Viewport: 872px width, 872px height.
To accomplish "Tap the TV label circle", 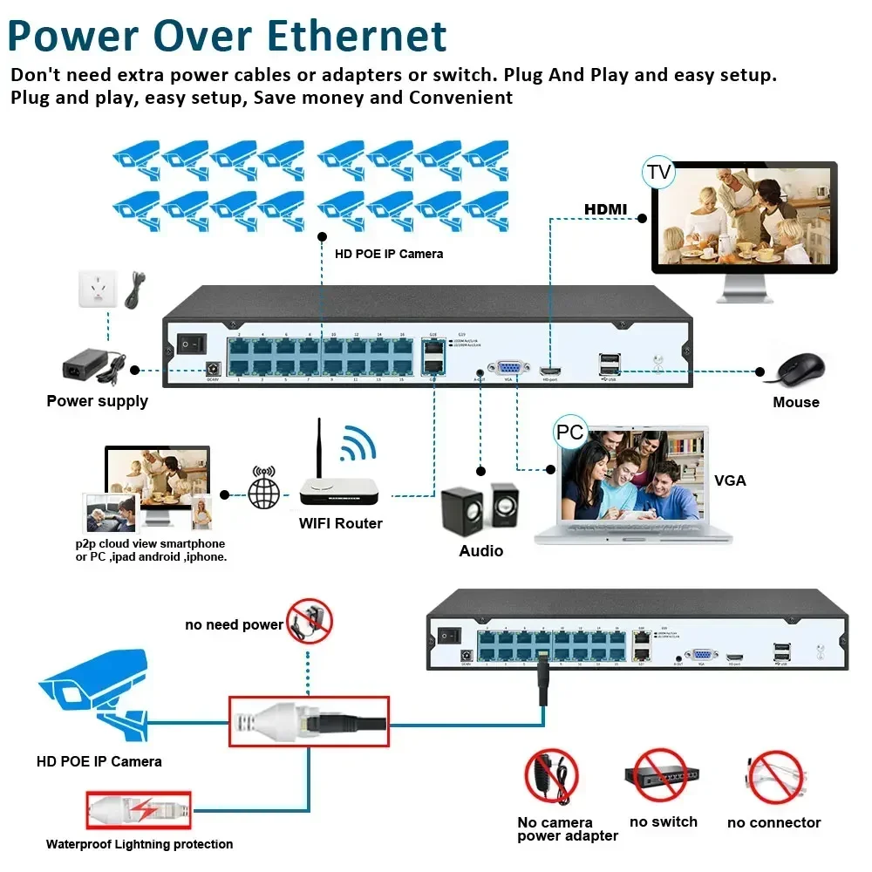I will point(658,172).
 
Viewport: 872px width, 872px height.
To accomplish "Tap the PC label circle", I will point(569,433).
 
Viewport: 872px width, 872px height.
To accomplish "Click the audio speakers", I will point(479,509).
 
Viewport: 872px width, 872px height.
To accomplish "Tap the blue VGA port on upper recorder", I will point(508,370).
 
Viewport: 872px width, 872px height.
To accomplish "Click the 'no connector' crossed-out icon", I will point(774,776).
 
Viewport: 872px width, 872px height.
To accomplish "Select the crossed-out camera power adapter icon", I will point(551,776).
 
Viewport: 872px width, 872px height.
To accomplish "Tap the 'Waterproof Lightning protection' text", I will point(140,844).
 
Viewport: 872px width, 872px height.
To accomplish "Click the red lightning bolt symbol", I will point(149,810).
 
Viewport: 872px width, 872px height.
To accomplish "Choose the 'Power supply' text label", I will point(97,401).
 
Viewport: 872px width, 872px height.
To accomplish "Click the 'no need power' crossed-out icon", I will point(310,621).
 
